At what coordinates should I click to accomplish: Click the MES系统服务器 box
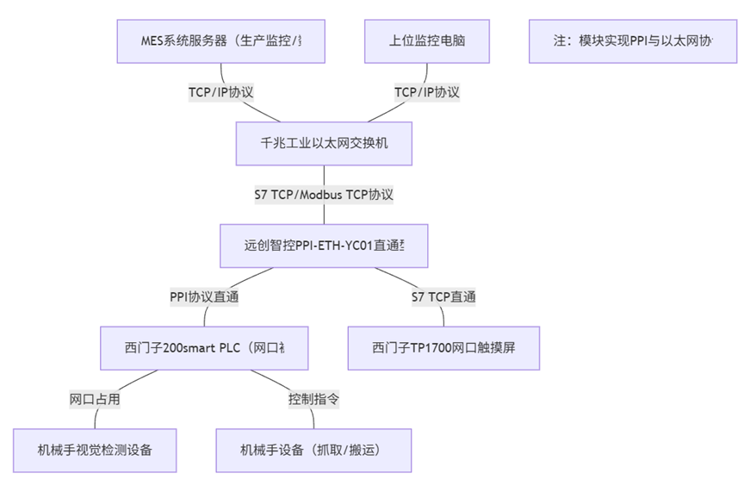pos(221,40)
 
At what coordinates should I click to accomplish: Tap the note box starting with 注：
pos(633,40)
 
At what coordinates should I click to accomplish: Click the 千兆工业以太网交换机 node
pos(324,143)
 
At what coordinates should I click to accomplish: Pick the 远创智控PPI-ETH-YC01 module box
pos(324,246)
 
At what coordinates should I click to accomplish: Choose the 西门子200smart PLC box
pos(204,348)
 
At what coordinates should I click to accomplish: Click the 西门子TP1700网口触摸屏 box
pos(443,348)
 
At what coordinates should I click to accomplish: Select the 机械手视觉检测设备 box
pos(95,450)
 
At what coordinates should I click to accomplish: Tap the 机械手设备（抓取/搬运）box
pos(313,450)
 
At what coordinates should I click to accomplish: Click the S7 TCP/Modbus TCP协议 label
pos(324,195)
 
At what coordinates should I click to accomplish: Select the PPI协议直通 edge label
pos(204,297)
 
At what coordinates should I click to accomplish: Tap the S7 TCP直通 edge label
pos(443,297)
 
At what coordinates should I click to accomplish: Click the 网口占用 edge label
pos(95,399)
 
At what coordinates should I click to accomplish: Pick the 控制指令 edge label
pos(313,399)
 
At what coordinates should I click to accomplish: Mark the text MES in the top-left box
pos(152,40)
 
